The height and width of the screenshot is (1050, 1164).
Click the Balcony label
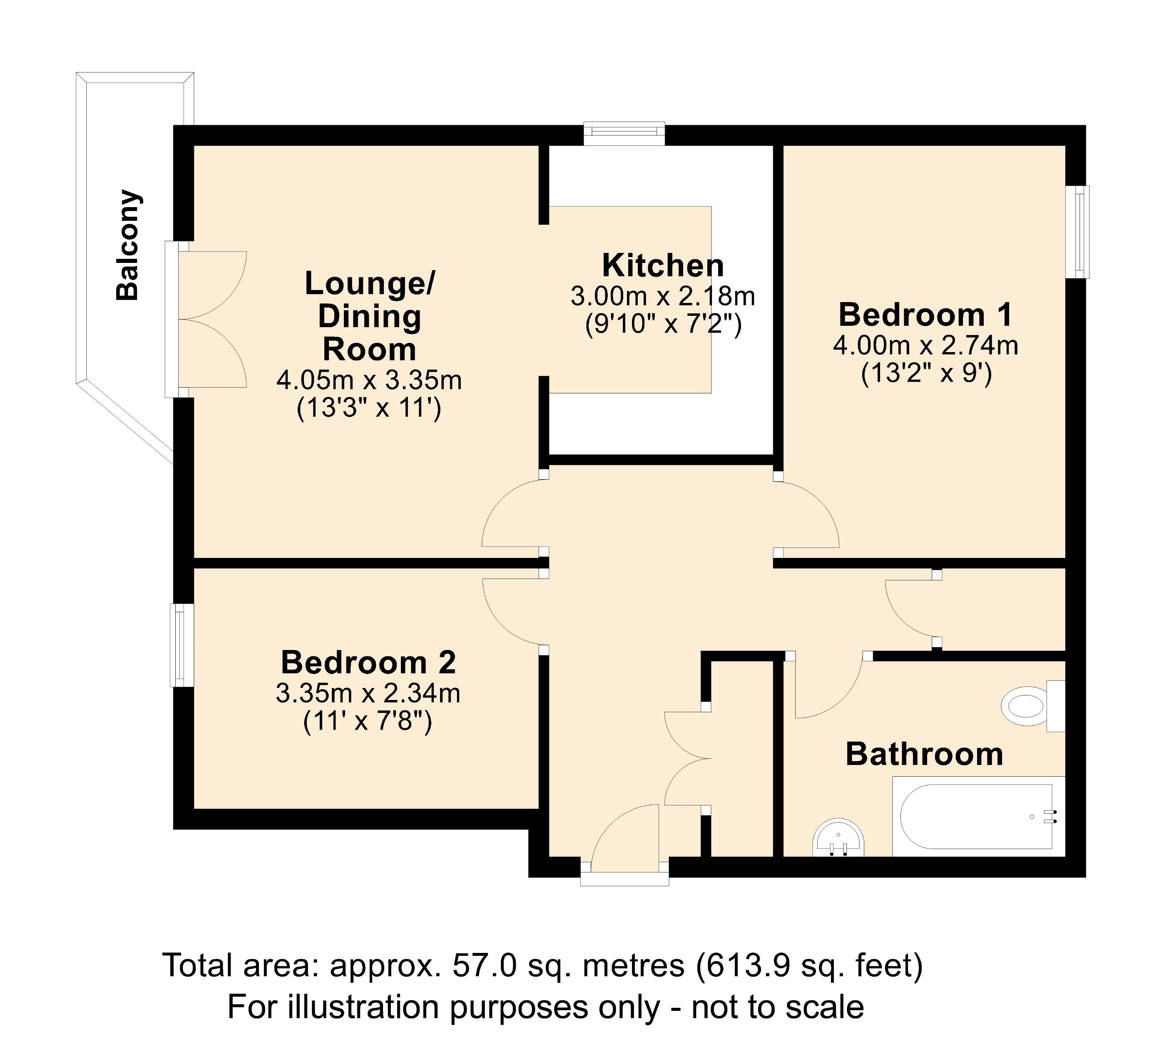tap(127, 245)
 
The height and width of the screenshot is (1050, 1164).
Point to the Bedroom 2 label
tap(368, 662)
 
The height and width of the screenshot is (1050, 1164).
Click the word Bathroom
tap(924, 755)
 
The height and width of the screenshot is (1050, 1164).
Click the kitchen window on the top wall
tap(624, 133)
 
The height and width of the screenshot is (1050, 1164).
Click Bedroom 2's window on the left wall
tap(181, 645)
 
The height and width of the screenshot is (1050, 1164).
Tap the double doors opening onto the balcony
tap(210, 319)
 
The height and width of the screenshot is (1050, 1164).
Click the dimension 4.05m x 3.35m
tap(369, 380)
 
